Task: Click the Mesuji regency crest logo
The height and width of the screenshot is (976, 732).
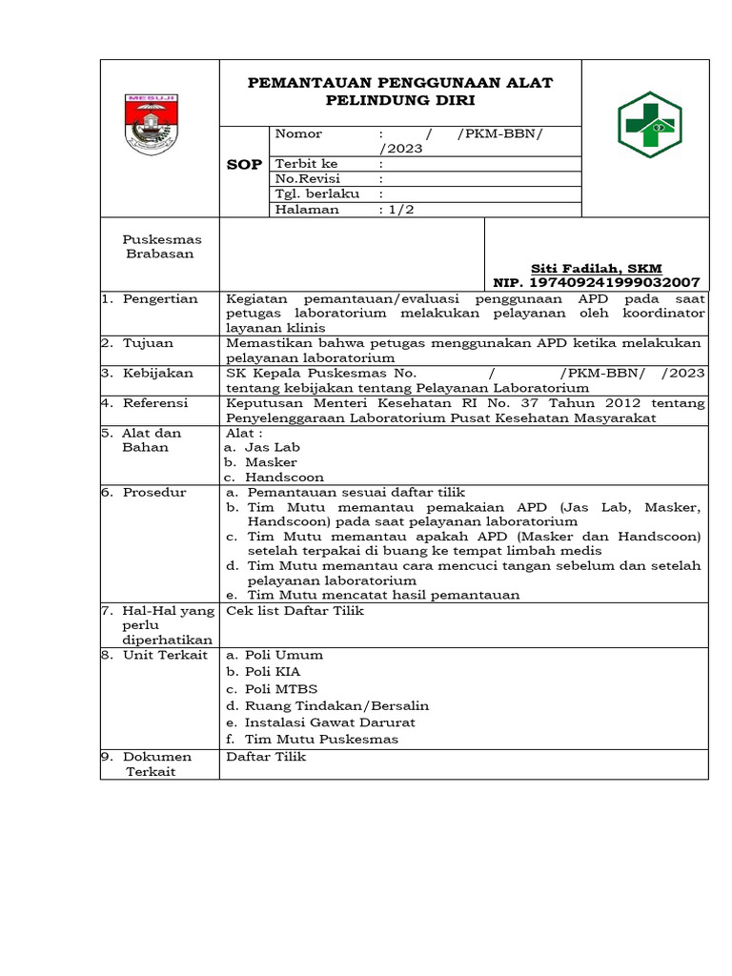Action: pos(152,124)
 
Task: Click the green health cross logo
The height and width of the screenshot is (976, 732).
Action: pos(651,125)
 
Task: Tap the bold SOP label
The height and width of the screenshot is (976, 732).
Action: pos(244,165)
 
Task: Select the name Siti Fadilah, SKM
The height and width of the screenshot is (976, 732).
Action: pos(596,269)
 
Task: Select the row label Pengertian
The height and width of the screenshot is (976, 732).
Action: pos(159,299)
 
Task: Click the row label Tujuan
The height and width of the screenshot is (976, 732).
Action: pos(148,343)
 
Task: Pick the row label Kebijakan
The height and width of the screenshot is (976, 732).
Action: pos(157,374)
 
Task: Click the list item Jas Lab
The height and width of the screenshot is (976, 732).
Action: pos(271,447)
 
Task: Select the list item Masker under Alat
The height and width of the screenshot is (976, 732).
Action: pos(271,462)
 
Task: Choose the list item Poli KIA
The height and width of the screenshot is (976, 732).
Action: pos(273,671)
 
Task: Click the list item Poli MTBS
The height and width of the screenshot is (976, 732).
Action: pos(281,688)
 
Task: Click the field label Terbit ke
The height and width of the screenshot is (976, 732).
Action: pos(306,164)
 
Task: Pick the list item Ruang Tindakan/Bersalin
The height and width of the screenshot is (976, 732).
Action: pos(336,705)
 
